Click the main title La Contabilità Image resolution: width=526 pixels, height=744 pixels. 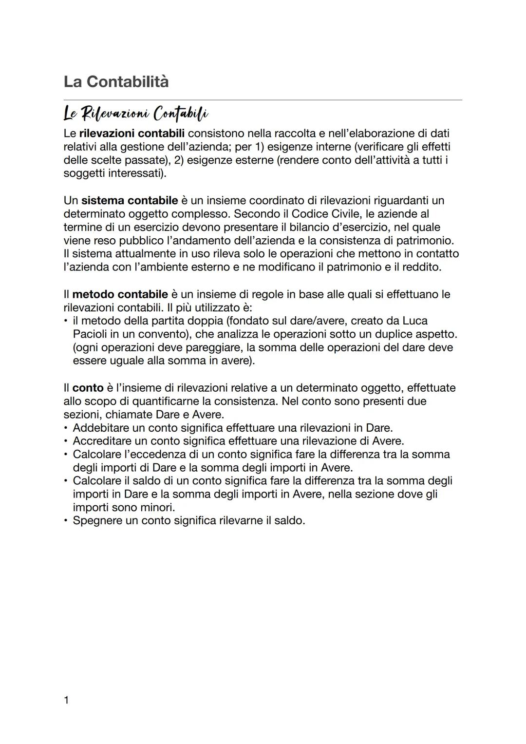(116, 81)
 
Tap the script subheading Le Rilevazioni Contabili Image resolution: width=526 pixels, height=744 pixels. (136, 114)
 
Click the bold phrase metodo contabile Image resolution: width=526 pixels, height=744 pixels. (120, 294)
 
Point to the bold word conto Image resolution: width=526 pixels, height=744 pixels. (88, 388)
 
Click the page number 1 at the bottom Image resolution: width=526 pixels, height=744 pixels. (66, 701)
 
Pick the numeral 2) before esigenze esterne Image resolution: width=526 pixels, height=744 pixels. (178, 160)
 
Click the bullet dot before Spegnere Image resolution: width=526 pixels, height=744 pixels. (66, 520)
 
